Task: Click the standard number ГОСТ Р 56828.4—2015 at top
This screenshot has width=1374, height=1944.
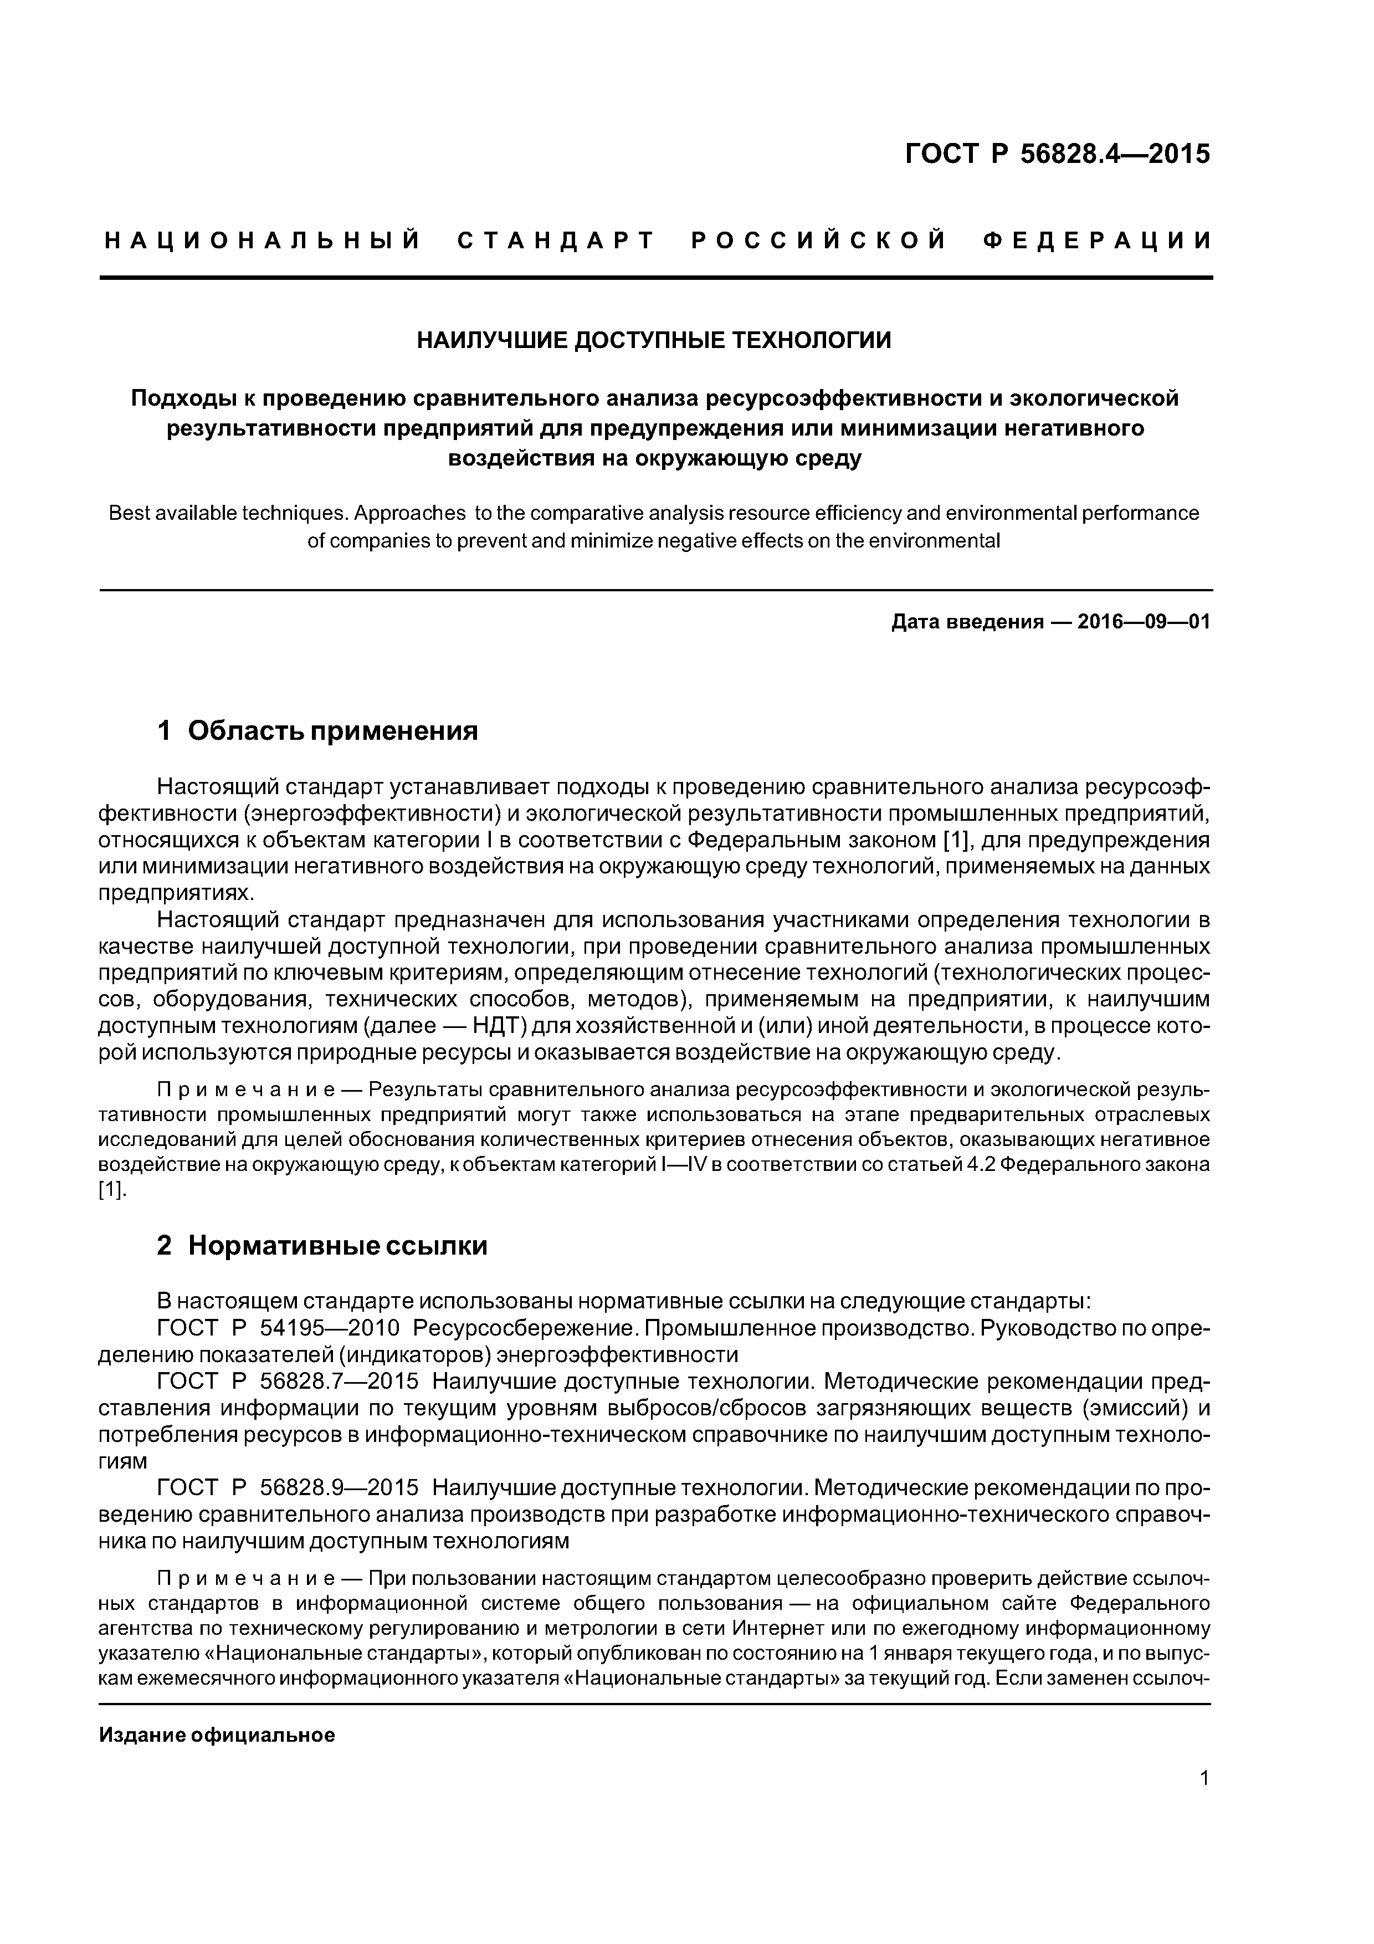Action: (1058, 154)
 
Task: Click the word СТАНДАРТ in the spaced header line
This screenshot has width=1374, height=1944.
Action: (556, 241)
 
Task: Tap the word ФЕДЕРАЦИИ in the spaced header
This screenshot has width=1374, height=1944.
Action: (1097, 241)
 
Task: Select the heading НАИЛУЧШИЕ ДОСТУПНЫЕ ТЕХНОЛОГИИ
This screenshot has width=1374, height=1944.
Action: (654, 340)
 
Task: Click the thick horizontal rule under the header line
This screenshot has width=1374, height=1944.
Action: (656, 278)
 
